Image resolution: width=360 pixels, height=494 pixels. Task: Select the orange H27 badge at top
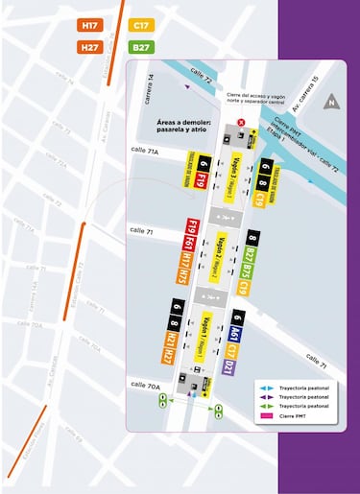[91, 47]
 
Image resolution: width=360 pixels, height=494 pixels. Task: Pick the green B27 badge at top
[141, 47]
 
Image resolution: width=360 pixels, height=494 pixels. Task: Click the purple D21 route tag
[228, 366]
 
